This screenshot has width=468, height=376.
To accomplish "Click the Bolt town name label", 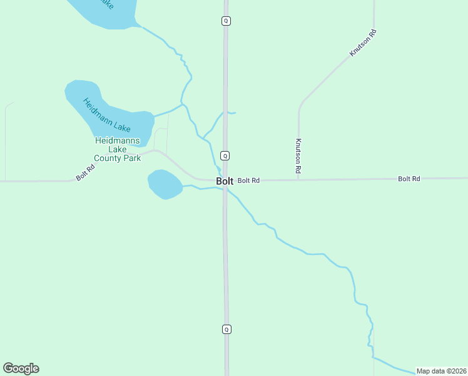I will [225, 181].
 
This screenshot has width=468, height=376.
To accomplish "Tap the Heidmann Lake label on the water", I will [107, 115].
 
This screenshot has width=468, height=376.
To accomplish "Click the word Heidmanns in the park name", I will [118, 140].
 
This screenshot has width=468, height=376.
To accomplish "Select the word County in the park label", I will [108, 158].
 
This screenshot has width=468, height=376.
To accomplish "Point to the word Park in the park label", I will [131, 158].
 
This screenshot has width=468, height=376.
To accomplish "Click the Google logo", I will [21, 368].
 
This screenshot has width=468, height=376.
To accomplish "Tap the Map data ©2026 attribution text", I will [441, 371].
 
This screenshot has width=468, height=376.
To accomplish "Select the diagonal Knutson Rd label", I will [363, 43].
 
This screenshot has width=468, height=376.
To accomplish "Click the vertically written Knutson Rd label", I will [299, 155].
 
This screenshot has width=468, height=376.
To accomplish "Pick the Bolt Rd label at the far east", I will [409, 179].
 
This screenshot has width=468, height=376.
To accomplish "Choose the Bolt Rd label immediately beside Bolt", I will [248, 180].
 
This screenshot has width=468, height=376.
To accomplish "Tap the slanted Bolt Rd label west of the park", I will [86, 172].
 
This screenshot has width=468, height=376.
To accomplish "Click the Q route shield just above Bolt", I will [226, 155].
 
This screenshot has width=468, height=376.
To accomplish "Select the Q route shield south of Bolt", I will [226, 329].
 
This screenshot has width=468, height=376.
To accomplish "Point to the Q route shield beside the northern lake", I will [226, 21].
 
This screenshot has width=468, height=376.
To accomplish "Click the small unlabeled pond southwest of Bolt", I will [165, 184].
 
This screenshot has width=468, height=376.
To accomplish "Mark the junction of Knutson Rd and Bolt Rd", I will [298, 180].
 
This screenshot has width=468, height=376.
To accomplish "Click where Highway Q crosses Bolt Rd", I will [226, 181].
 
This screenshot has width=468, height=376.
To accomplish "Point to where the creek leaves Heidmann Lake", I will [154, 115].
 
